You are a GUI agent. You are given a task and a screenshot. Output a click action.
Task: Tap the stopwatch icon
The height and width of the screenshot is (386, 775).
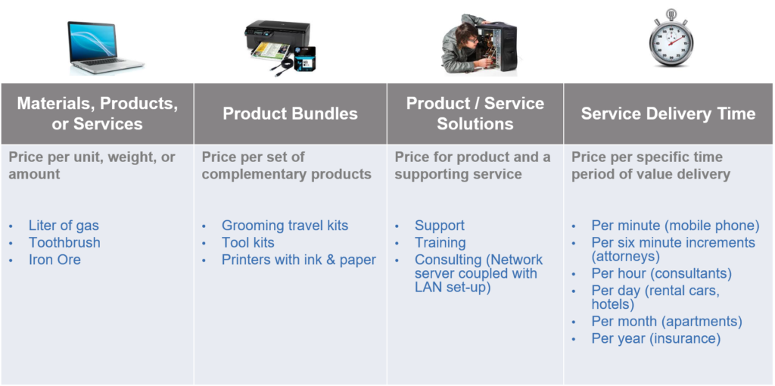click(x=671, y=39)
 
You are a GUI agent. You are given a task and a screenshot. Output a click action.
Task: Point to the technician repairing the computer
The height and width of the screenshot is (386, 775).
click(x=478, y=45)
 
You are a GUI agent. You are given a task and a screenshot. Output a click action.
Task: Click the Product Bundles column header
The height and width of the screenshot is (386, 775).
click(x=290, y=114)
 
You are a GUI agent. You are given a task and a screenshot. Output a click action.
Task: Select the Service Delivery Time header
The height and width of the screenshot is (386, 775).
click(x=668, y=114)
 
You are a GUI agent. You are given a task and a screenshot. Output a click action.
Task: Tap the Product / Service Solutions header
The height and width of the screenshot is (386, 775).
click(x=475, y=114)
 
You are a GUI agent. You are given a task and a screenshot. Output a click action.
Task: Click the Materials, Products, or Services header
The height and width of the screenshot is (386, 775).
click(x=98, y=114)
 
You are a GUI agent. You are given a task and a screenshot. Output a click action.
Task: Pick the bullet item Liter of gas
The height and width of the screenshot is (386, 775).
click(x=64, y=226)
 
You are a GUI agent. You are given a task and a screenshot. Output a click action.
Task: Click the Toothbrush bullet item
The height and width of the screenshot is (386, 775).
click(x=64, y=243)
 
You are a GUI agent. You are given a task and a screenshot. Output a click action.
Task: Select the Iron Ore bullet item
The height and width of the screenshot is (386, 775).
click(x=54, y=260)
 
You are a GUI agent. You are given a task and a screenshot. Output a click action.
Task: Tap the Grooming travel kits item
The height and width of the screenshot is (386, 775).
click(x=285, y=226)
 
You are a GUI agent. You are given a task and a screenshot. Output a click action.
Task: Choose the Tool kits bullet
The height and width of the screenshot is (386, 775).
click(x=247, y=243)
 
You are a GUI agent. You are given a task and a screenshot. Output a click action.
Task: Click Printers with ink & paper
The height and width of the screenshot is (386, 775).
click(x=299, y=260)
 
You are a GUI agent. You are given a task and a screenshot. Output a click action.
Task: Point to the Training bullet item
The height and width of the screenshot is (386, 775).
click(x=440, y=243)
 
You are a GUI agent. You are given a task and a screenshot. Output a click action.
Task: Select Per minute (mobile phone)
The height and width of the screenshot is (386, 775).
click(x=675, y=226)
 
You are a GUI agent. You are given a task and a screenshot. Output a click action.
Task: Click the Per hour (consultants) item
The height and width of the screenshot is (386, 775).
click(x=661, y=273)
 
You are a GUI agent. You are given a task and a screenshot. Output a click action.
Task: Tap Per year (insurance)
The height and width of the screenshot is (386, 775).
click(x=656, y=338)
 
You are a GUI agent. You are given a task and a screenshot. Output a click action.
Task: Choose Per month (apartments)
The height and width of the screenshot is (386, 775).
click(x=667, y=322)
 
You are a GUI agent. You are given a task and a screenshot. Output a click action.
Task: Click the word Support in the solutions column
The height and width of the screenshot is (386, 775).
click(x=440, y=226)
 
